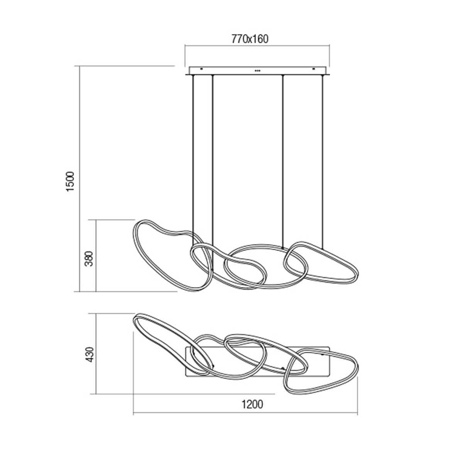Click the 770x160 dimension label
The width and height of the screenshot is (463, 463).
[250, 39]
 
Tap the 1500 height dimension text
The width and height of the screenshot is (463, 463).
[70, 181]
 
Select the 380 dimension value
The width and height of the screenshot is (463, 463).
[89, 259]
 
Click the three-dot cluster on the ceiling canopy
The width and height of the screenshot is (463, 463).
[257, 71]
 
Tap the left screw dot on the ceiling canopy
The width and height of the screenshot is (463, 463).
[201, 69]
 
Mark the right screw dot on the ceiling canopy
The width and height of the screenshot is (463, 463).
[313, 69]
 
